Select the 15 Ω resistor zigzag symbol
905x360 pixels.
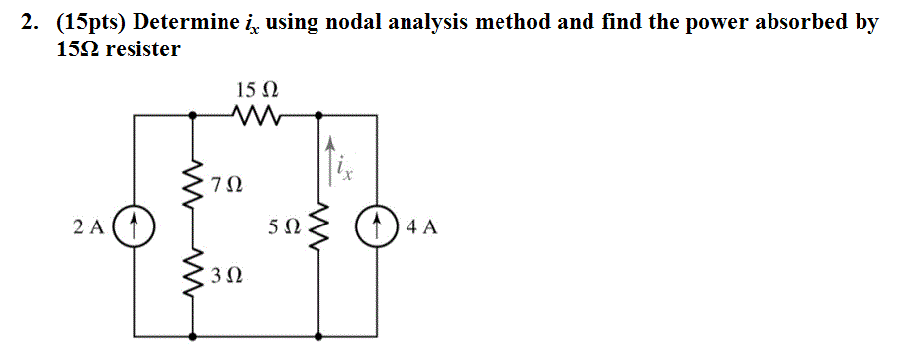(255, 116)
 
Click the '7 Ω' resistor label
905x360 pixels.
(226, 184)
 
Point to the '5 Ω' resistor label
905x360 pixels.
(284, 227)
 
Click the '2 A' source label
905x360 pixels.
(88, 227)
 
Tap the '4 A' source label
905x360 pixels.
(422, 227)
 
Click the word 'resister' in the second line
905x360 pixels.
(143, 48)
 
